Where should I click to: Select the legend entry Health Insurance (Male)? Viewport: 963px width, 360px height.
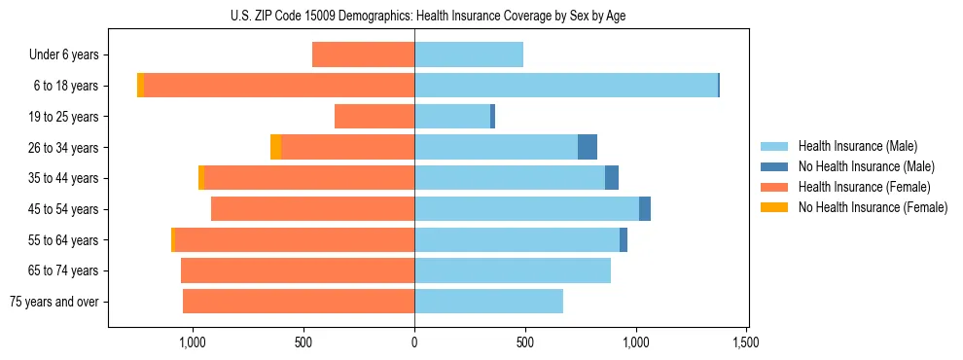857,146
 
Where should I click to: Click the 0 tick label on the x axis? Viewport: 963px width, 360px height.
414,342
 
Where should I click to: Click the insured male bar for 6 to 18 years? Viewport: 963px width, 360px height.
566,86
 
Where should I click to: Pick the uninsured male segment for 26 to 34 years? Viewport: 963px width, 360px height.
588,147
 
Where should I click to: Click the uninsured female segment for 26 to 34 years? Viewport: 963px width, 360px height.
275,147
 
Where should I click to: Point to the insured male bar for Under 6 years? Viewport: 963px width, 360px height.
469,55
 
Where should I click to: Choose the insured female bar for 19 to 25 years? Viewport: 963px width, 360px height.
374,117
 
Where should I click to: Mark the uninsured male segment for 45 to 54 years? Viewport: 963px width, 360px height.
645,209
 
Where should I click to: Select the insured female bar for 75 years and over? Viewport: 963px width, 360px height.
299,302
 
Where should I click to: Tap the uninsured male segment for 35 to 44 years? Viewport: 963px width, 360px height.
612,178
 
